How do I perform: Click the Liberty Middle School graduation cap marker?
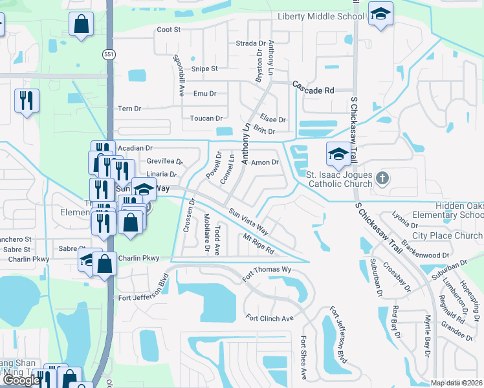[380, 15]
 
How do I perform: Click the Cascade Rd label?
[313, 87]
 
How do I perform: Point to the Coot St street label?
[168, 30]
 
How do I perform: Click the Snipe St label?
[204, 69]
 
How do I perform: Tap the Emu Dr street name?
[204, 94]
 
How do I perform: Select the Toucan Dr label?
[206, 119]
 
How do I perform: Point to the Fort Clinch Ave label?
[270, 318]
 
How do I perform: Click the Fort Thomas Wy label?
[267, 271]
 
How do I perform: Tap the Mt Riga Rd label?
[258, 244]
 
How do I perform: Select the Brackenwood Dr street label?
[423, 249]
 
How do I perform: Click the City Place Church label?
[447, 236]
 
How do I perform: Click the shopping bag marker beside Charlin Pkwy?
[104, 264]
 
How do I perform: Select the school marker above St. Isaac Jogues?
[338, 155]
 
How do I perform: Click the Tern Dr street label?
[129, 109]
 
